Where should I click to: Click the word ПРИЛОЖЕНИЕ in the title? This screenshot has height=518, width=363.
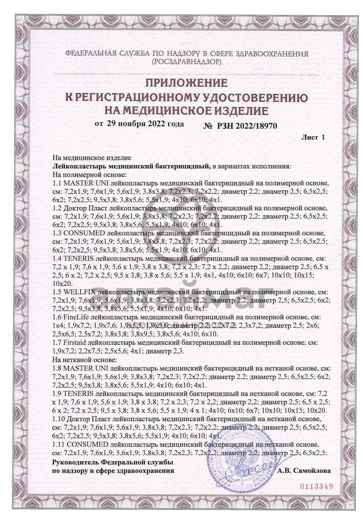[x=186, y=84]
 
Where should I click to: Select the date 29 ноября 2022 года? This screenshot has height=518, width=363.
[x=145, y=123]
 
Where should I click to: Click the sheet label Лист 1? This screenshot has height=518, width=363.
[x=313, y=138]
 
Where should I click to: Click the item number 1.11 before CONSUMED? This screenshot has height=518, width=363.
[x=59, y=444]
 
